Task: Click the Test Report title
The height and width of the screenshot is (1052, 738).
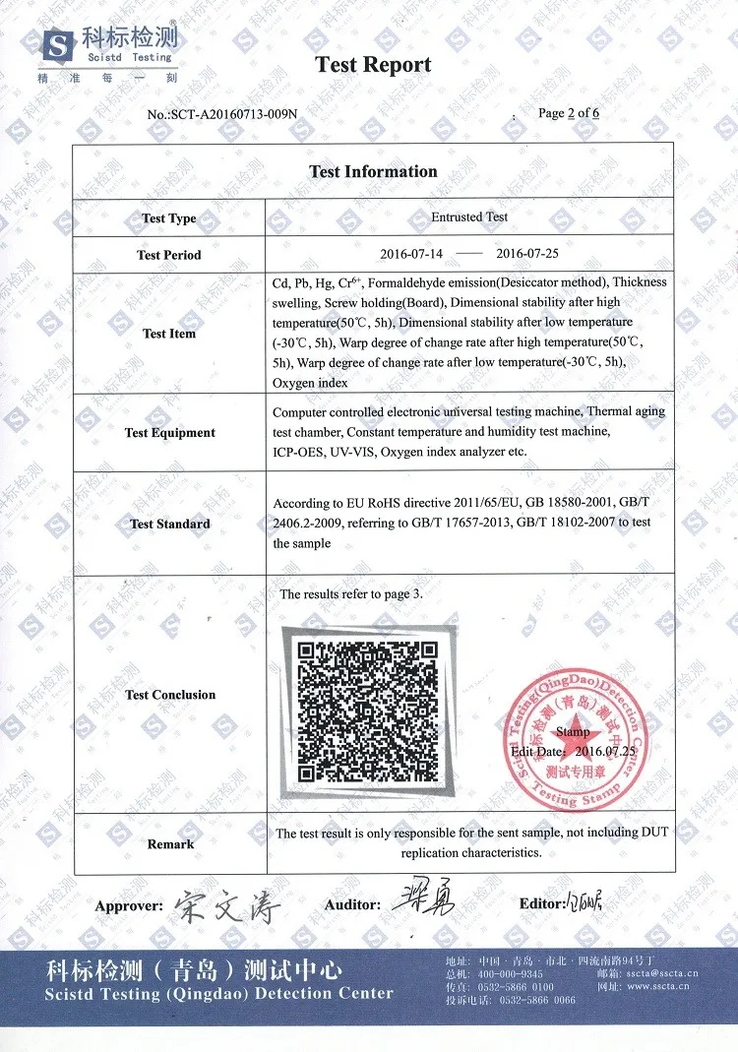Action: pyautogui.click(x=373, y=66)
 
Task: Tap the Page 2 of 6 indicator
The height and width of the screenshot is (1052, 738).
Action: pyautogui.click(x=569, y=113)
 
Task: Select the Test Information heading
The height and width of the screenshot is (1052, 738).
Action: pyautogui.click(x=373, y=171)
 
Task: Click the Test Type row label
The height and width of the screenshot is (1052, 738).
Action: pyautogui.click(x=169, y=218)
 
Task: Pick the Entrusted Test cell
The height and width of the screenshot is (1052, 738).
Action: pyautogui.click(x=469, y=217)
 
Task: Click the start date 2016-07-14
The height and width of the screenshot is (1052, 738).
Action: pyautogui.click(x=411, y=254)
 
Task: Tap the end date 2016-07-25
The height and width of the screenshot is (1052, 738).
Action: pyautogui.click(x=526, y=254)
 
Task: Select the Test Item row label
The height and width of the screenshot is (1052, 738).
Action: pyautogui.click(x=169, y=334)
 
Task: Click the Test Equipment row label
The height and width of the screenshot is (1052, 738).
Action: pyautogui.click(x=169, y=433)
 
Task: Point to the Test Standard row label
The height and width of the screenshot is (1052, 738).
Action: pyautogui.click(x=169, y=524)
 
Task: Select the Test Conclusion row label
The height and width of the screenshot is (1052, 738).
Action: pyautogui.click(x=169, y=695)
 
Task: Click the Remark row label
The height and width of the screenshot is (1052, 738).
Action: pyautogui.click(x=169, y=844)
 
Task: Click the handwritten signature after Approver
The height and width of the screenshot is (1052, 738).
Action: pyautogui.click(x=227, y=903)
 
